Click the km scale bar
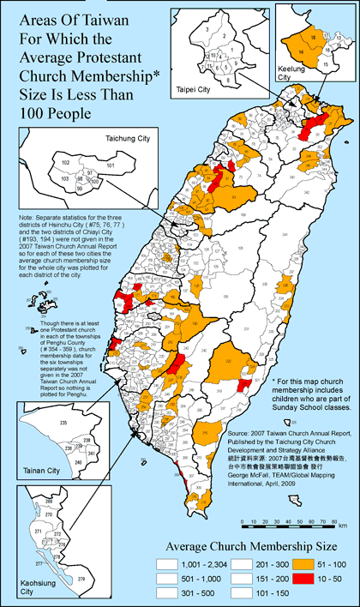coord(291,521)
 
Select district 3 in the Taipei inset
coord(208,30)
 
